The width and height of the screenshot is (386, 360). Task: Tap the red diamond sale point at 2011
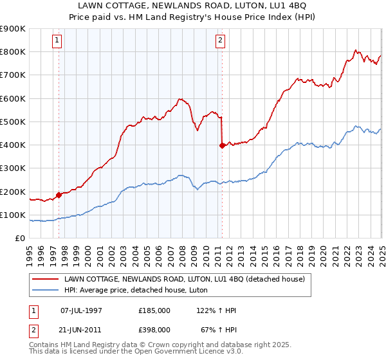tap(222, 145)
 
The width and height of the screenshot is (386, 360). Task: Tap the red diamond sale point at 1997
tap(59, 194)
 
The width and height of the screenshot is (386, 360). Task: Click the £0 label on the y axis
tap(20, 239)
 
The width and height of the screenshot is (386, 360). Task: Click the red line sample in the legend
tap(46, 278)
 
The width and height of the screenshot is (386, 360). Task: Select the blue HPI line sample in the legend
tap(46, 290)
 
